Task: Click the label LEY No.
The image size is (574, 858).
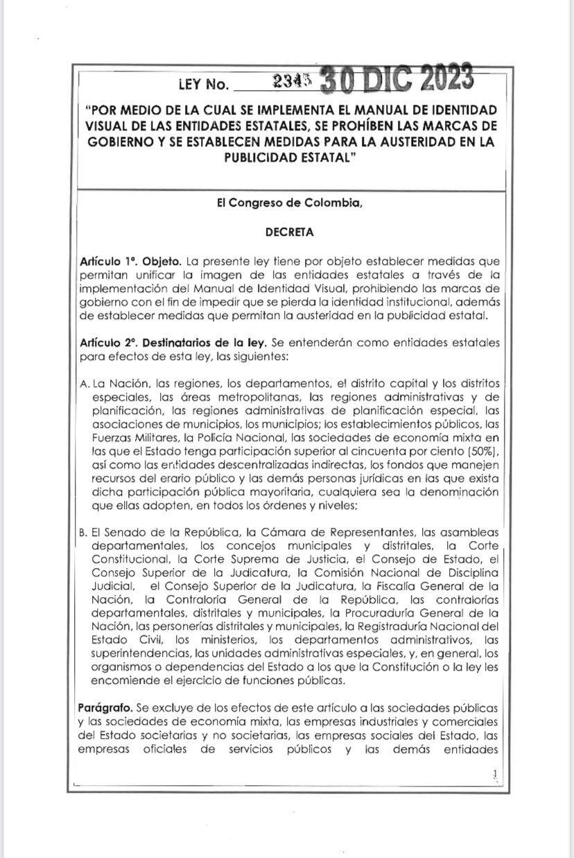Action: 203,85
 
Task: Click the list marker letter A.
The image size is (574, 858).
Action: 85,384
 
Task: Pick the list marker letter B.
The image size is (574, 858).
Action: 85,533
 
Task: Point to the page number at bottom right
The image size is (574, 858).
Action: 494,773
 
